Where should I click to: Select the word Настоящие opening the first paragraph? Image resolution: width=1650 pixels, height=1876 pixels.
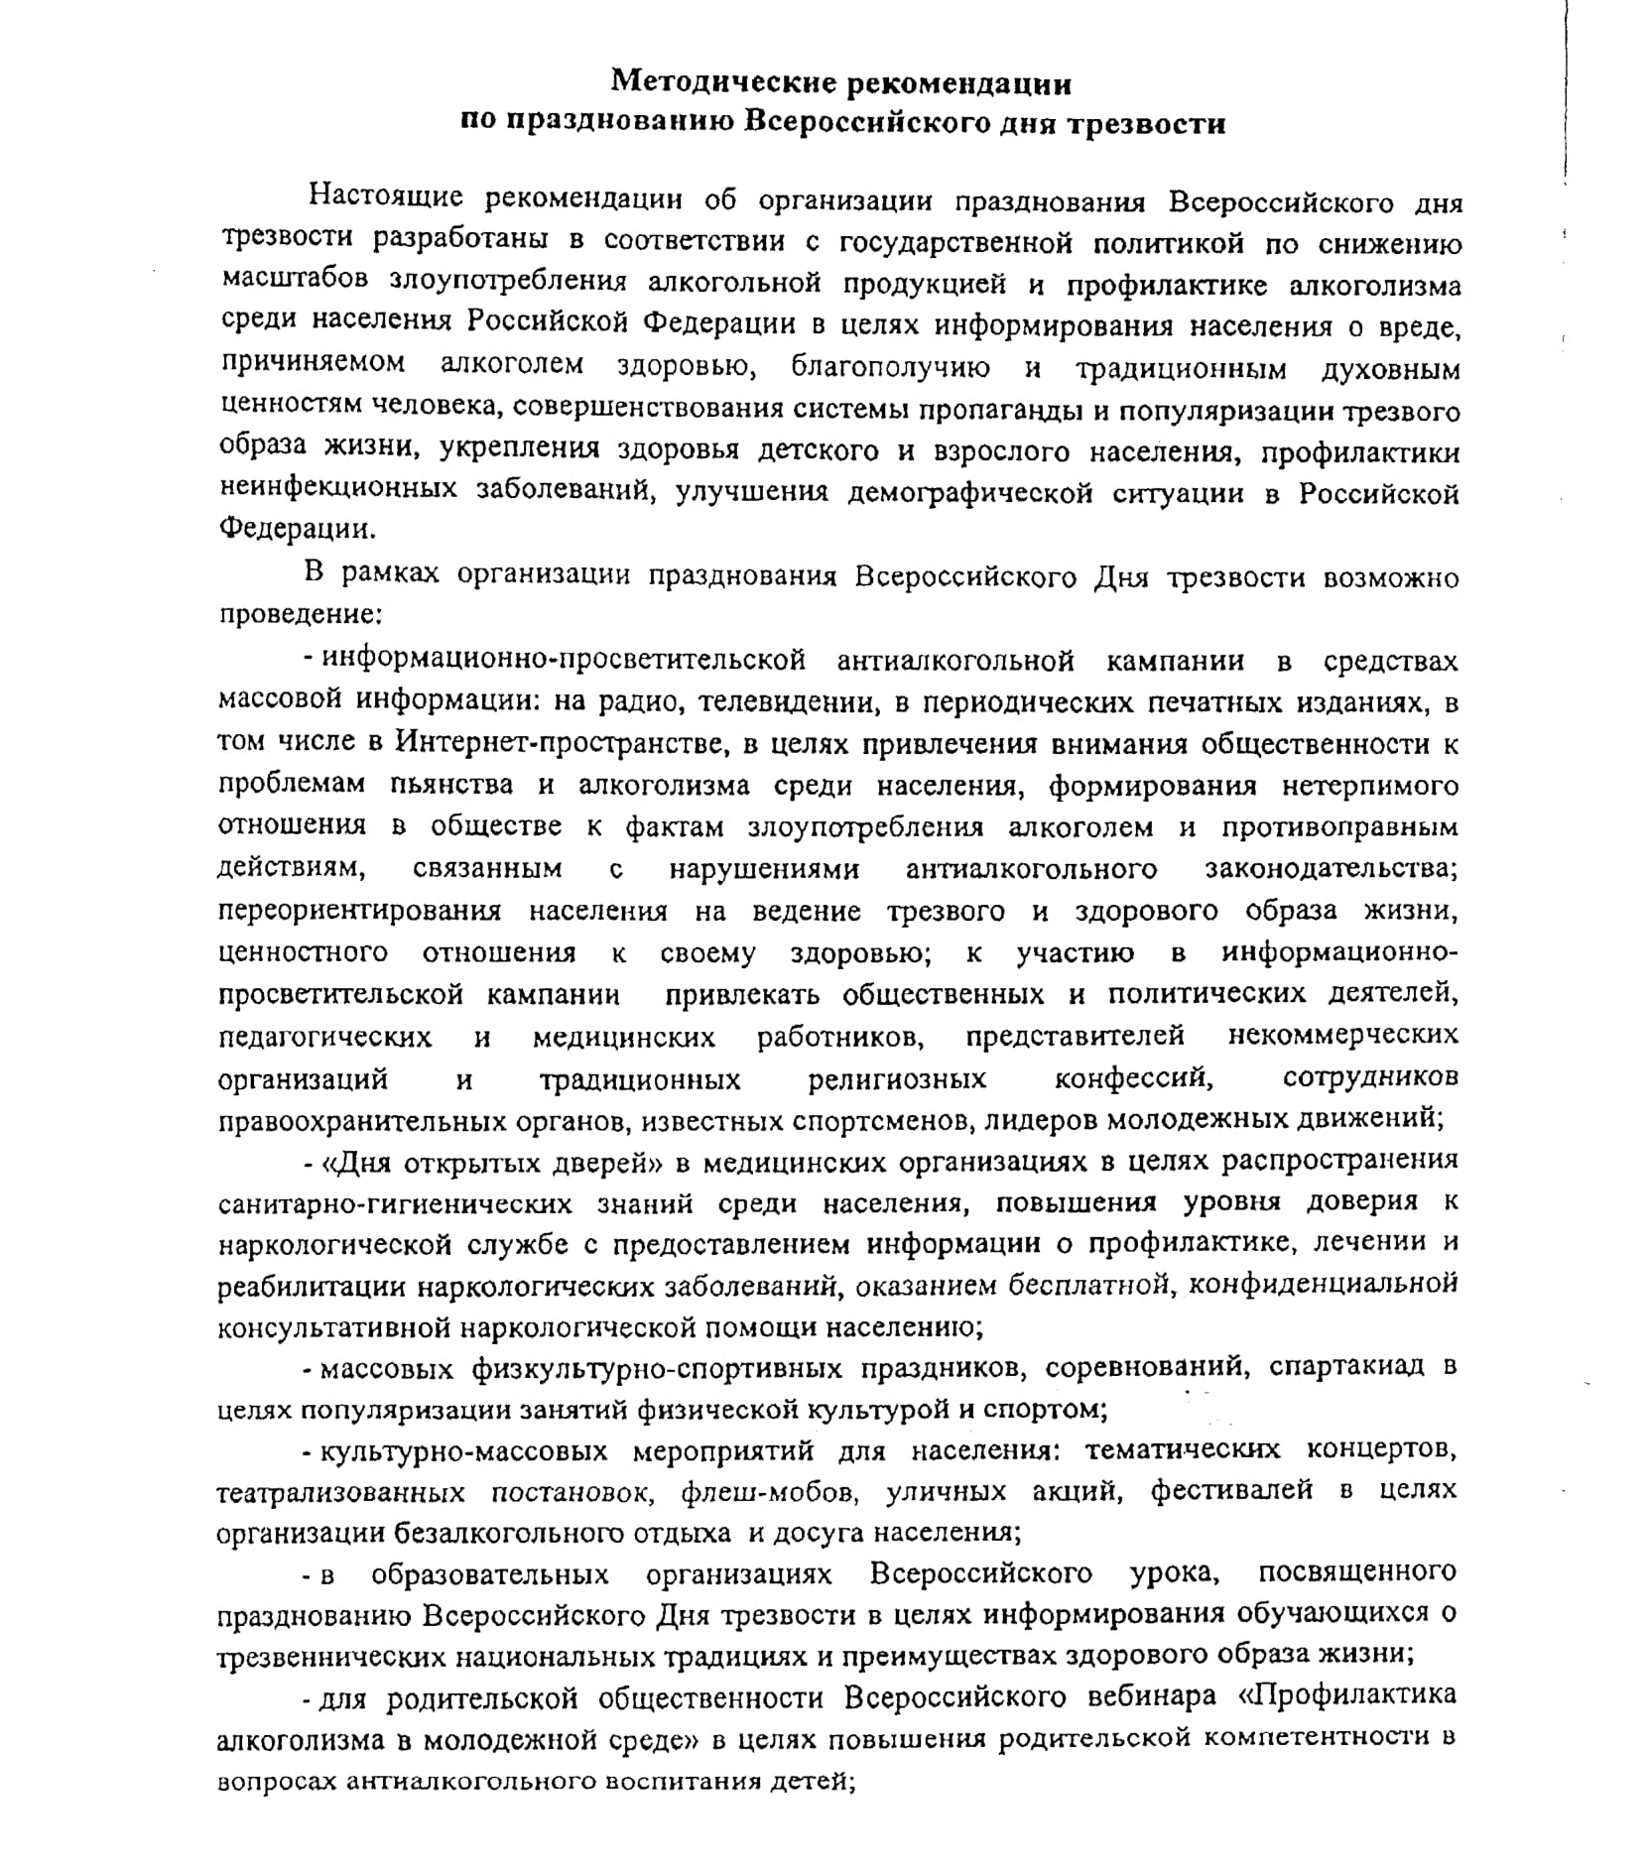[x=386, y=197]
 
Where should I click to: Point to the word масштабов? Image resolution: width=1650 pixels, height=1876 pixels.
[x=295, y=283]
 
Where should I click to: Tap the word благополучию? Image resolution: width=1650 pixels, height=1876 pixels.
[x=890, y=368]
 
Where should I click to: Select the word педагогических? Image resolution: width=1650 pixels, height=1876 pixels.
[x=324, y=1038]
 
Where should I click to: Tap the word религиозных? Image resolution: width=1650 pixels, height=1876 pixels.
[x=897, y=1079]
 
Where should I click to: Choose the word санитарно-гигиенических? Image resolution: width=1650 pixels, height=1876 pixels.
[x=395, y=1204]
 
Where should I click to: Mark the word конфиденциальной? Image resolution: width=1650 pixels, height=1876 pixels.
[x=1323, y=1285]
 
